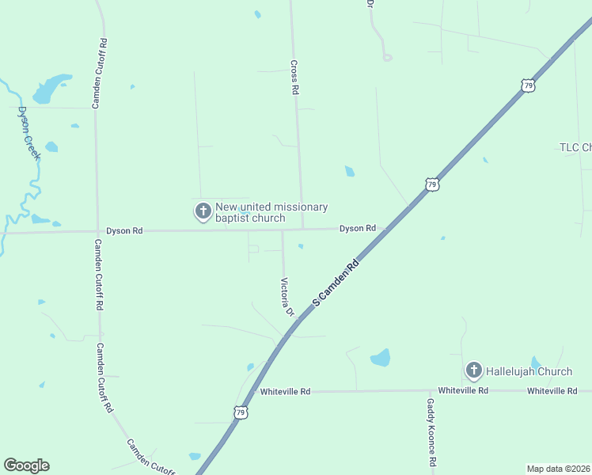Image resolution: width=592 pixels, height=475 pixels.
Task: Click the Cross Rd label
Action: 294,78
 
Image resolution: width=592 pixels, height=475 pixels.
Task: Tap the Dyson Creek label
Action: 28,132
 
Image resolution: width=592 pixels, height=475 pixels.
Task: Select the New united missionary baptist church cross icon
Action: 203,211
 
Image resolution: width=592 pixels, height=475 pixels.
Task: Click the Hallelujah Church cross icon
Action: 473,370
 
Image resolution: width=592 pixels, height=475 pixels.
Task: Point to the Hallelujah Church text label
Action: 529,371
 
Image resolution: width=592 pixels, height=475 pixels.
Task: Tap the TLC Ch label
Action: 575,147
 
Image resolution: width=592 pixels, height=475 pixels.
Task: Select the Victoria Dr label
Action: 287,297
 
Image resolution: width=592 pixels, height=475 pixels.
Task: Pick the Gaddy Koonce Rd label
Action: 431,431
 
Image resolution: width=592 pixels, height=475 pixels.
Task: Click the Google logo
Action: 26,465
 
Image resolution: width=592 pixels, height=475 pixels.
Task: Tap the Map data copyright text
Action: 559,469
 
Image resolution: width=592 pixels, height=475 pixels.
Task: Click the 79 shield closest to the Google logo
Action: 241,412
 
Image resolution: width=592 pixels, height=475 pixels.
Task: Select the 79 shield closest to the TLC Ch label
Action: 529,84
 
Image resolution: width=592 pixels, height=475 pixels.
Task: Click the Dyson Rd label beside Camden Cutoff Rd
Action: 124,231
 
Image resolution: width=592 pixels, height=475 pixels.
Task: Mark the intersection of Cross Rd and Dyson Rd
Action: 302,230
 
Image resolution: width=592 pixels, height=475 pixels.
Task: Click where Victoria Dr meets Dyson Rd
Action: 283,230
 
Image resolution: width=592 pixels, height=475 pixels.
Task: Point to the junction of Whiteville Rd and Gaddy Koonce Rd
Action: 431,391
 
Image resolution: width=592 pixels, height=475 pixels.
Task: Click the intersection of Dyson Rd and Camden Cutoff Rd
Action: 97,231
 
